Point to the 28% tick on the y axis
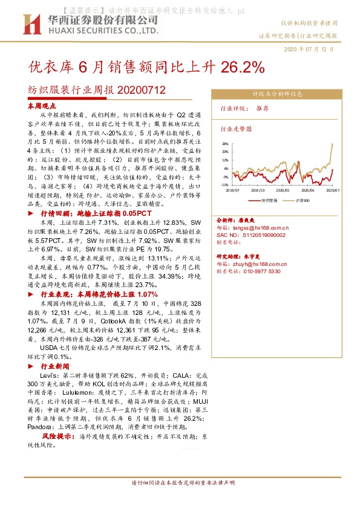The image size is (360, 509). coord(225,143)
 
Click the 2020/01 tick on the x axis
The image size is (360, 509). coord(283,189)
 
